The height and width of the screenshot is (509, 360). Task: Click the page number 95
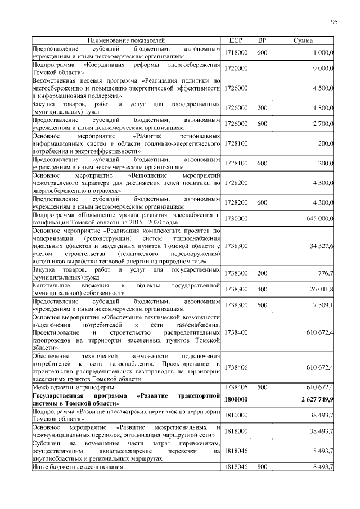[334, 22]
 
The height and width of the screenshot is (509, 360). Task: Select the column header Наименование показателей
[125, 41]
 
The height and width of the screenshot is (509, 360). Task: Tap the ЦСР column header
[236, 41]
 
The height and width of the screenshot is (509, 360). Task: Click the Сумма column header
[304, 41]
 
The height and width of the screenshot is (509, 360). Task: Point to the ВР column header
[262, 41]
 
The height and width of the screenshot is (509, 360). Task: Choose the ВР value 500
[262, 388]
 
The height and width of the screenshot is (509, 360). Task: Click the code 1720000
[236, 68]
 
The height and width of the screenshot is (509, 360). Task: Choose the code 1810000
[236, 415]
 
